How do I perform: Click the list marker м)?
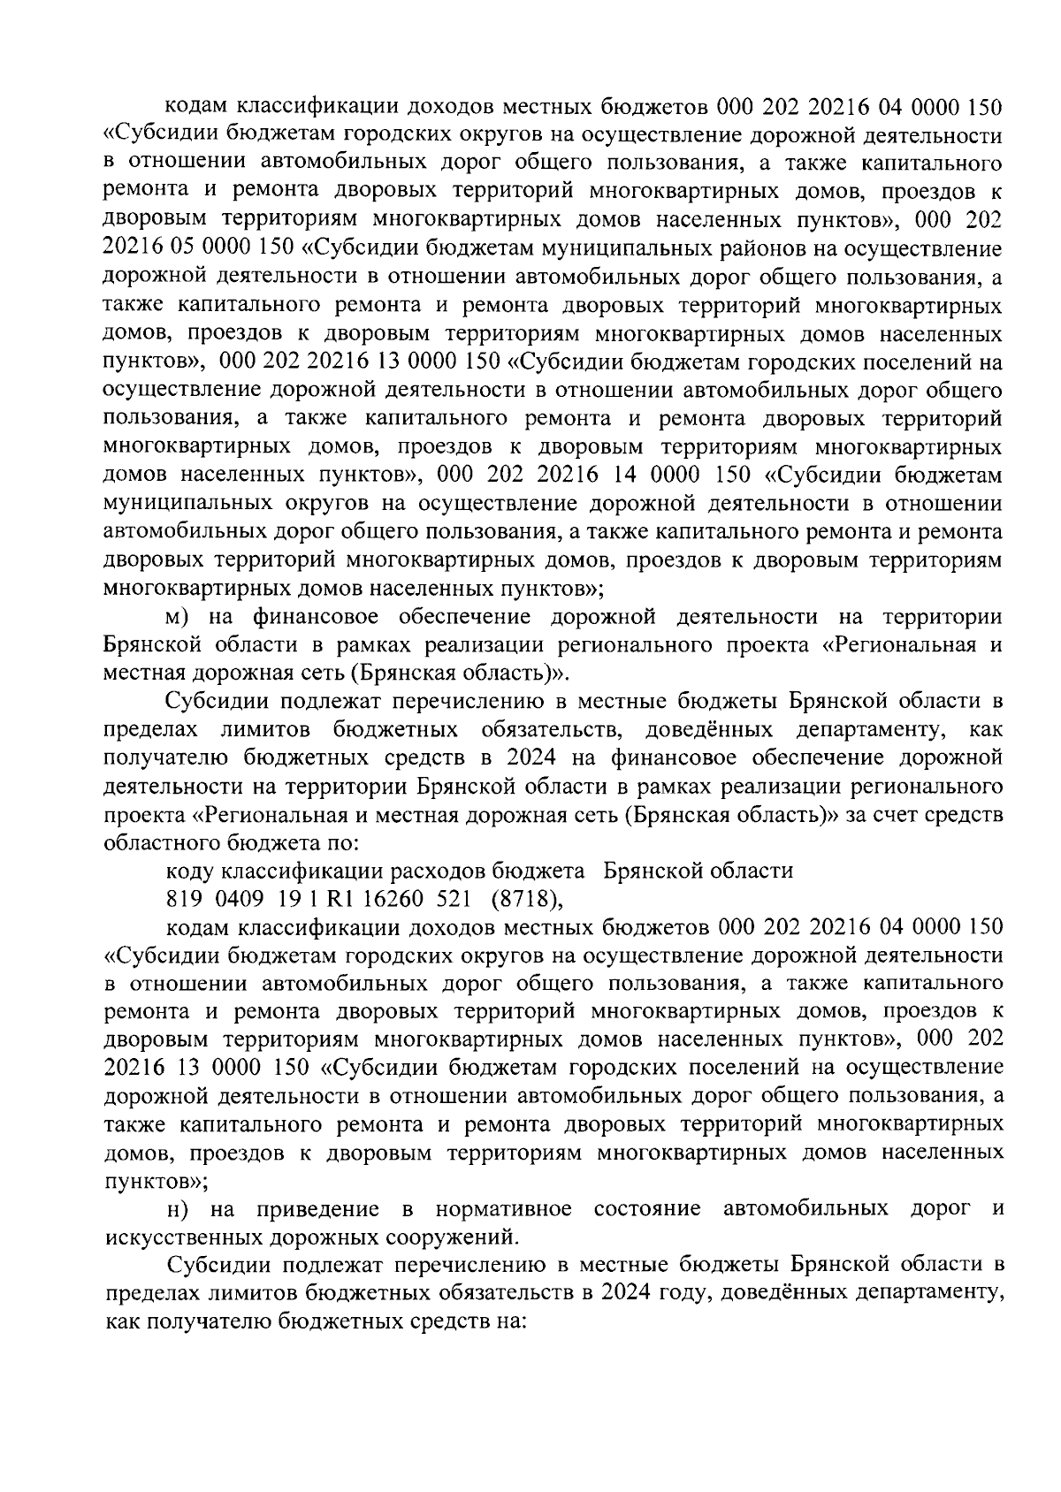pyautogui.click(x=180, y=617)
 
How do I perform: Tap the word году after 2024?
pyautogui.click(x=679, y=1293)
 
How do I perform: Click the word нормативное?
pyautogui.click(x=504, y=1208)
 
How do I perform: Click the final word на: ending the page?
pyautogui.click(x=510, y=1321)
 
